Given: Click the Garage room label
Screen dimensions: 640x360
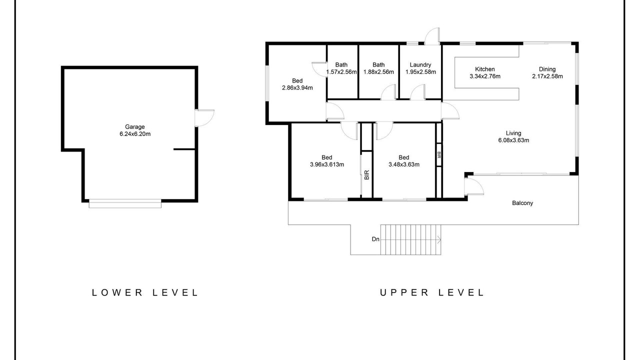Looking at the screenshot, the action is (x=135, y=126).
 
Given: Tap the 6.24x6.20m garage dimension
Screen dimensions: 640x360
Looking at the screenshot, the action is (x=135, y=134).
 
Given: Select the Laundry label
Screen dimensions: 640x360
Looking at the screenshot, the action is (x=420, y=65).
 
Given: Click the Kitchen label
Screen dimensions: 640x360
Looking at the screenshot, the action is (x=485, y=69).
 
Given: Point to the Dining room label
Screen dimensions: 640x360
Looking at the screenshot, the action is (x=547, y=69).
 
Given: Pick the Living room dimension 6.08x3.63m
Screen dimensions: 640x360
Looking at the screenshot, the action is (x=513, y=140).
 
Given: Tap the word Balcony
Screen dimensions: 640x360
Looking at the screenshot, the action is (x=522, y=203).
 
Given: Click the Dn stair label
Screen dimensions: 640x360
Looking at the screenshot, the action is (x=375, y=239).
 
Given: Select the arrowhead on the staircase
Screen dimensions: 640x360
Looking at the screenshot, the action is (x=439, y=239).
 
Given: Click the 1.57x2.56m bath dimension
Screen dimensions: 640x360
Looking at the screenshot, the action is (x=341, y=72).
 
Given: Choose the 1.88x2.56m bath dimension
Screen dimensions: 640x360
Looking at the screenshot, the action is (x=378, y=72).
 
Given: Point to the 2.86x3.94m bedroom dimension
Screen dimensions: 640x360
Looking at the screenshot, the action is (x=297, y=88).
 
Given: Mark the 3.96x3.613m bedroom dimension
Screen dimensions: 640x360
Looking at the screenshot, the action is (x=327, y=164).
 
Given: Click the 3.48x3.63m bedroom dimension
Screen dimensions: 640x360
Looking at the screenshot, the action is (x=403, y=164).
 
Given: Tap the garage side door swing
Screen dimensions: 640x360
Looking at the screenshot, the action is (x=205, y=117).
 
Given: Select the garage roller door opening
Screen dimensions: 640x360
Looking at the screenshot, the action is (x=125, y=203).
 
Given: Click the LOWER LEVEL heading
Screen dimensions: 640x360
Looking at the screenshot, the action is (x=145, y=292).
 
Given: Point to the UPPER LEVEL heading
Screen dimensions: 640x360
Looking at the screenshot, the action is (x=431, y=292).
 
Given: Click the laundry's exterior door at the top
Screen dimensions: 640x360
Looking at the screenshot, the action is (x=432, y=36).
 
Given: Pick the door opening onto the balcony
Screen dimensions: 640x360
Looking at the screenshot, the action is (x=474, y=186).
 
